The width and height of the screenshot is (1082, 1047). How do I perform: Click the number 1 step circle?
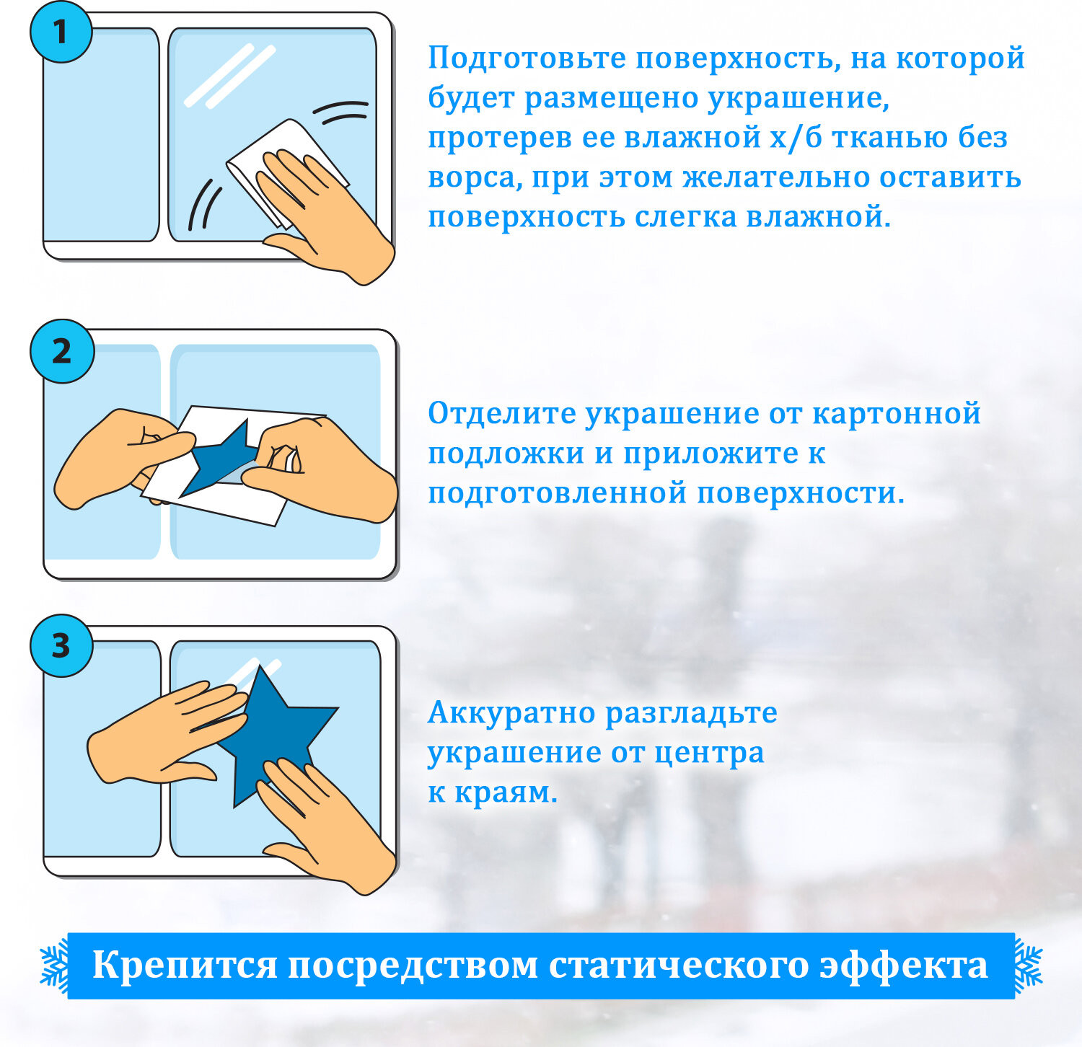coord(61,32)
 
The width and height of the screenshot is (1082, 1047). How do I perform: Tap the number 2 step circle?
coord(62,351)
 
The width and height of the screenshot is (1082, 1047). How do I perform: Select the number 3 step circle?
coord(61,645)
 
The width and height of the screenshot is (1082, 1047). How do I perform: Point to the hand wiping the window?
coord(325,216)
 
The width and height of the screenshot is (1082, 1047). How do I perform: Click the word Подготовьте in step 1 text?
coord(527,58)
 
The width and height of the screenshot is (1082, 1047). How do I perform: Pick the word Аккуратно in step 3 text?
coord(511,713)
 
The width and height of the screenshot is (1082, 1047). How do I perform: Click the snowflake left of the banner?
coord(54,966)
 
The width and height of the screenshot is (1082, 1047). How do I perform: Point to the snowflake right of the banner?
coord(1029,966)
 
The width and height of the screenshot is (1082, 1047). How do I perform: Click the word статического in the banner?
coord(679,966)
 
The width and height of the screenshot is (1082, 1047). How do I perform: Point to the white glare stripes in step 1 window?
coord(230,76)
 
